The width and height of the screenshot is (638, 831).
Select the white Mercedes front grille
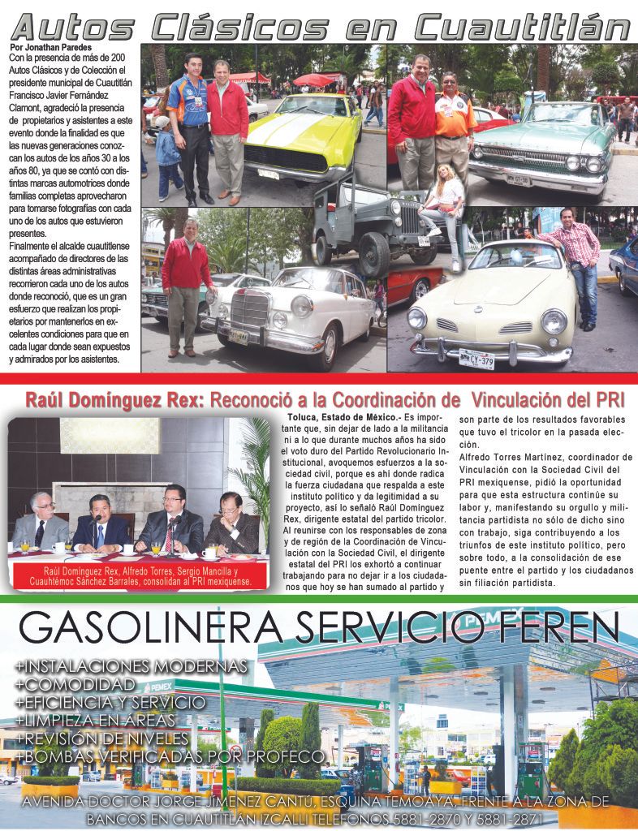point(249,309)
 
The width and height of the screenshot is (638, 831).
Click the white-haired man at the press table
point(40,520)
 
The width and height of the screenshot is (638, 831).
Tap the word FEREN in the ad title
point(553,627)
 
